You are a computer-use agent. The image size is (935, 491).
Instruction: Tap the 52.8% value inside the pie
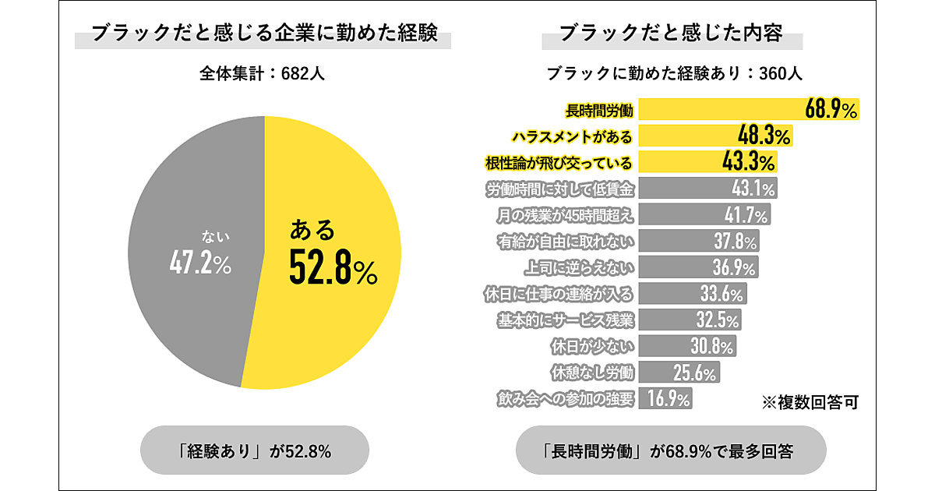(333, 267)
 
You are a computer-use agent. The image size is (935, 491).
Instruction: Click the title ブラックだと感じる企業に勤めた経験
(263, 34)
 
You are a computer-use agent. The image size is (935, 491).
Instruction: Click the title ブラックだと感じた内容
(671, 34)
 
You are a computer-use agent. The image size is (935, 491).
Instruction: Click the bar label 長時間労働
(598, 110)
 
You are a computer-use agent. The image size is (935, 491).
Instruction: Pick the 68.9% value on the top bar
(831, 109)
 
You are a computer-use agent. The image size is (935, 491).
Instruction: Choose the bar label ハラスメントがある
(571, 136)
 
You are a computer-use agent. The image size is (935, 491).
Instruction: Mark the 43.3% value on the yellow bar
(749, 162)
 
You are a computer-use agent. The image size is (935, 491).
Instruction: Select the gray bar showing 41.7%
(705, 214)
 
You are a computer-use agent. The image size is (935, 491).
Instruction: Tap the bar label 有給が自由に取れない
(566, 241)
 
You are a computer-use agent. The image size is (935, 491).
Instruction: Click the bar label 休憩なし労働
(591, 373)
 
